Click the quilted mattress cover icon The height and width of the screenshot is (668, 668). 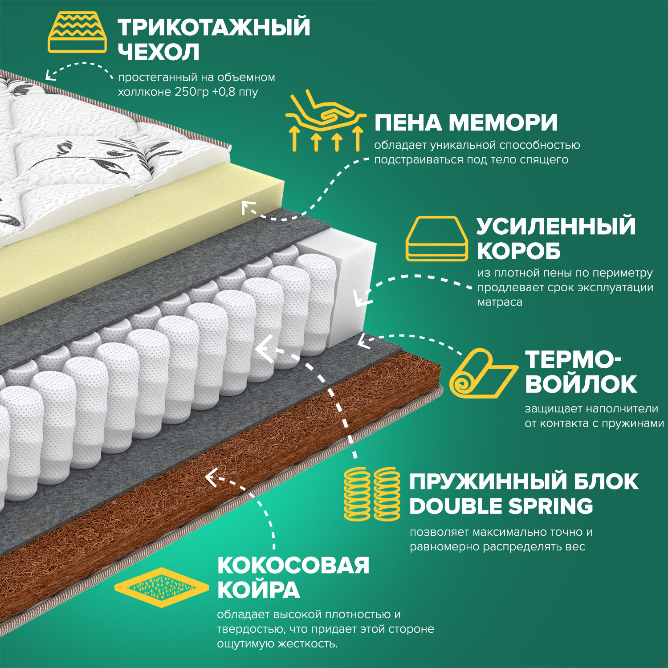77,33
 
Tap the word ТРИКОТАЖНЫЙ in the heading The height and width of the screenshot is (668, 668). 214,27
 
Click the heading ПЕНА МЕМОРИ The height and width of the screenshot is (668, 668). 466,122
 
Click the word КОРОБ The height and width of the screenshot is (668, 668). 518,252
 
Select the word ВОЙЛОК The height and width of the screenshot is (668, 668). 581,384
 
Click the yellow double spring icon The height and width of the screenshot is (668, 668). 372,494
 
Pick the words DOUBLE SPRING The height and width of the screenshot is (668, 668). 501,506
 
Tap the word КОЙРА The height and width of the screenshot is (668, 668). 258,591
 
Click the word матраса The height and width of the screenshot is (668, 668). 500,302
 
